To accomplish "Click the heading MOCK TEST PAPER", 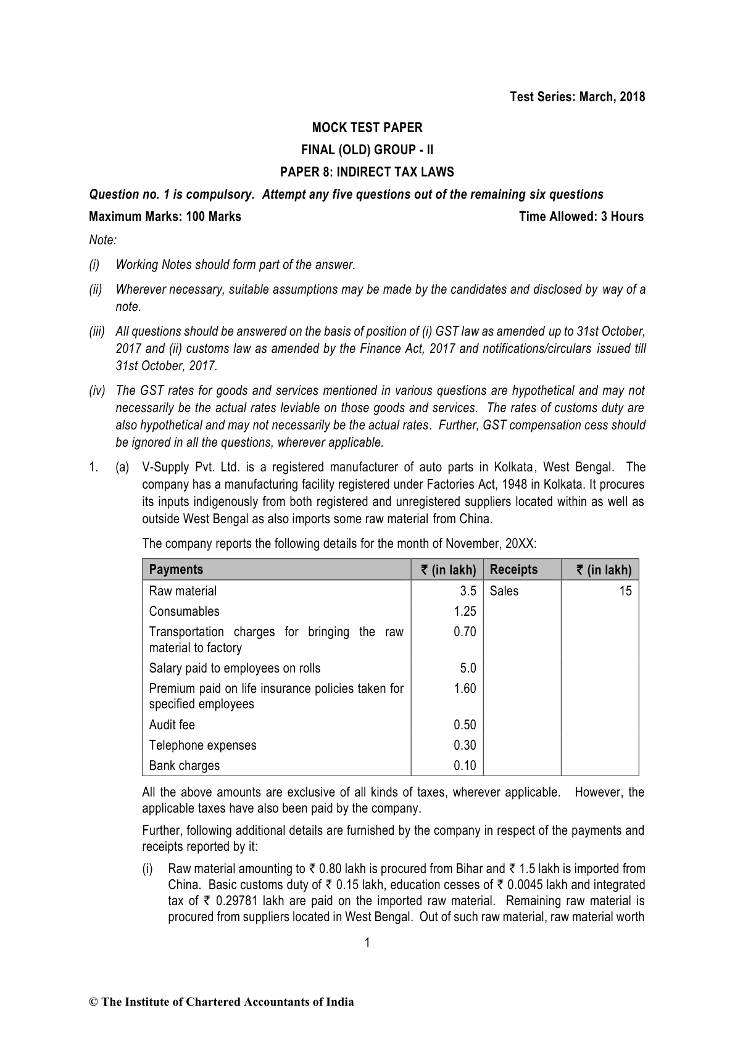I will (x=367, y=128).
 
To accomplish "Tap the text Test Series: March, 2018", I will (x=577, y=97).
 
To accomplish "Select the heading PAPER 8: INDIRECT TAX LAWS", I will (x=367, y=172).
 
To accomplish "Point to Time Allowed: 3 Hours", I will (x=581, y=217).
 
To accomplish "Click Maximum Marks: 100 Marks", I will (x=165, y=217).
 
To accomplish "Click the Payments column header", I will (x=176, y=569).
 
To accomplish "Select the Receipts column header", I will (x=513, y=569).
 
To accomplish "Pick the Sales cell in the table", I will (x=504, y=591).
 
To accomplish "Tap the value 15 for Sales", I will (x=625, y=591).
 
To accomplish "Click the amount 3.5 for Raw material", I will (x=468, y=591).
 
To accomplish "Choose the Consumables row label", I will (x=184, y=611).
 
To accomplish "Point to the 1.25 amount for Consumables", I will (x=465, y=611).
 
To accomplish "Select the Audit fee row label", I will (x=172, y=725).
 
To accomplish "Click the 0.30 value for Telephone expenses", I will (x=465, y=745).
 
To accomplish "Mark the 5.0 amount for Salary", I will (x=468, y=668).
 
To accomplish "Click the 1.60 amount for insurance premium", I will (x=465, y=689).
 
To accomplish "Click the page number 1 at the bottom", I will (x=367, y=942).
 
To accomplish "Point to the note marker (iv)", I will (x=98, y=391).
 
